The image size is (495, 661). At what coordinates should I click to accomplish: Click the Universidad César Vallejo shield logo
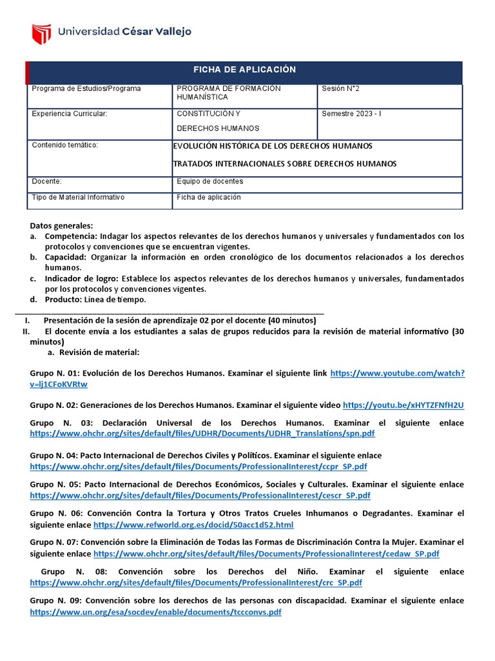click(x=41, y=32)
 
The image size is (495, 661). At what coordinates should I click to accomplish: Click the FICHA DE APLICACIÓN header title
click(x=245, y=70)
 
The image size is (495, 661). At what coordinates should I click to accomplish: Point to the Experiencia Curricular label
click(x=70, y=114)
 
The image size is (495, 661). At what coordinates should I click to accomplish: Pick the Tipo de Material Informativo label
click(x=78, y=197)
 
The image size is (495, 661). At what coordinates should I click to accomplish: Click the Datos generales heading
click(x=62, y=226)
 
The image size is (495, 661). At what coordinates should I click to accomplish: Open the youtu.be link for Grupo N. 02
click(x=403, y=405)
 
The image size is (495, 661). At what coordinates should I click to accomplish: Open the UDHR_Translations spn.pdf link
click(x=202, y=433)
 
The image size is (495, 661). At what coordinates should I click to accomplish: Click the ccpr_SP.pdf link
click(x=199, y=465)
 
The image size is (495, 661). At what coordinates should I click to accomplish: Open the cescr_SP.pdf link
click(x=200, y=495)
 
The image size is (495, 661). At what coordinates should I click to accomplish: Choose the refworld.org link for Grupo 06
click(x=193, y=525)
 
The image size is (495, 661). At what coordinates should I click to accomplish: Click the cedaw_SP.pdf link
click(x=266, y=553)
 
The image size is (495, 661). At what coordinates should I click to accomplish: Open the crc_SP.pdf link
click(x=196, y=582)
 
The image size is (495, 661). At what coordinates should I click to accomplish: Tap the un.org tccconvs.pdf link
click(x=155, y=611)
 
